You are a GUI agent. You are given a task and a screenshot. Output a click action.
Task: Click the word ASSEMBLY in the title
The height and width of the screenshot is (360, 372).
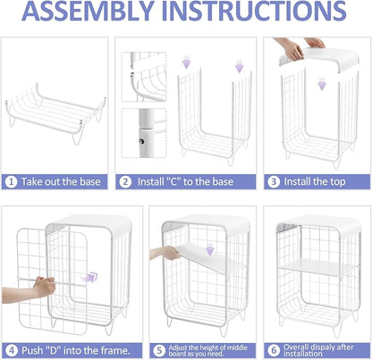coord(89,12)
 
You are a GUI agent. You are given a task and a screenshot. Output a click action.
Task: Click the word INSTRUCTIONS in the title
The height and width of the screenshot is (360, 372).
coord(254,12)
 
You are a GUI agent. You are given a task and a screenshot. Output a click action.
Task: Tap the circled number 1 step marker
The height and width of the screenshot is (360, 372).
coord(12,182)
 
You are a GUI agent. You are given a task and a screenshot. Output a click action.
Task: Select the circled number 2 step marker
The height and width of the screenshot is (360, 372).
coord(125,182)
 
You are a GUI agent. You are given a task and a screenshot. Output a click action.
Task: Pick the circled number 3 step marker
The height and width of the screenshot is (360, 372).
coord(274,182)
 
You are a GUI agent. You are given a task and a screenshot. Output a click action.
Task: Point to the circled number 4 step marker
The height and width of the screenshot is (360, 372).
coord(12,350)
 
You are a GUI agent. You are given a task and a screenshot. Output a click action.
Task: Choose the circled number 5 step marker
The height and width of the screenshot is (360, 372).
coord(159,350)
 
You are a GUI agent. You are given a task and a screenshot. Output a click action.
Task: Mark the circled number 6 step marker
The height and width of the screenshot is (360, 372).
coord(274,350)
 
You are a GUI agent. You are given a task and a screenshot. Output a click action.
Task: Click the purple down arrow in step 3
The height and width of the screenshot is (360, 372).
coord(322,84)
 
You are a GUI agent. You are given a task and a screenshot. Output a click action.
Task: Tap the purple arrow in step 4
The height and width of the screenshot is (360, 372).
coord(89,277)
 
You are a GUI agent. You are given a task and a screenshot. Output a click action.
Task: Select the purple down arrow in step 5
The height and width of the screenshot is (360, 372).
coord(210,249)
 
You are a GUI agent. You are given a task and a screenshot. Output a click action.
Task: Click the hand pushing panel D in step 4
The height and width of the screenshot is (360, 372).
coord(44,287)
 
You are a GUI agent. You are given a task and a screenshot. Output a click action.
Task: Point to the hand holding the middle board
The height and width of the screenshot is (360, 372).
coord(171,253)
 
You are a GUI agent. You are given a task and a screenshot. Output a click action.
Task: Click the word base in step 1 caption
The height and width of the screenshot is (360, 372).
coord(89,181)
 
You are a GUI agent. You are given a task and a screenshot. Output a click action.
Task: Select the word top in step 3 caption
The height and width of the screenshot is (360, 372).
coord(337,182)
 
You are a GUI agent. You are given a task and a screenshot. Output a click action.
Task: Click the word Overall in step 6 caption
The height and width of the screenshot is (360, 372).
coord(296,347)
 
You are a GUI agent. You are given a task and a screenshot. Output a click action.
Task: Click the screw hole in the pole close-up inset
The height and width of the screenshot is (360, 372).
coord(142,141)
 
